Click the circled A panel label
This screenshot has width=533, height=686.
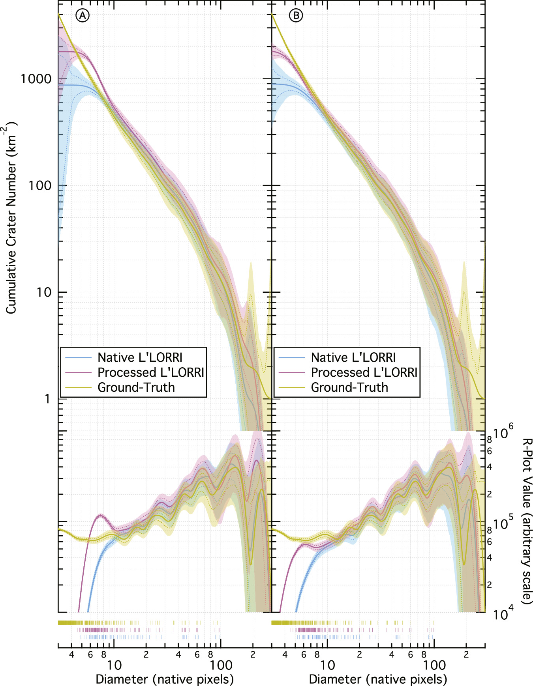83,15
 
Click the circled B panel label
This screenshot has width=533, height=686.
296,15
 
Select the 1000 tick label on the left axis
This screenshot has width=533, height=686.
36,79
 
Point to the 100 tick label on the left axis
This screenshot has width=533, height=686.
40,185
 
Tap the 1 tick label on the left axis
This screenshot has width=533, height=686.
47,399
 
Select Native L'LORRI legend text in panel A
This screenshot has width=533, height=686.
140,357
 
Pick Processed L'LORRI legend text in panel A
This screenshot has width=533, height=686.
151,372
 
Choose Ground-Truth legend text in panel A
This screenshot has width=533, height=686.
136,387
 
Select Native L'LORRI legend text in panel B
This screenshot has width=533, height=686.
353,357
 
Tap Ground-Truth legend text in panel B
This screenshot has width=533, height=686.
349,387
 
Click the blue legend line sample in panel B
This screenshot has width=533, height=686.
292,357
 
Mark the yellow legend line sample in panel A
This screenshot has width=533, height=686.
79,387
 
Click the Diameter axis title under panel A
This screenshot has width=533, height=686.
165,679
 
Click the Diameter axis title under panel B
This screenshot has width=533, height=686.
378,679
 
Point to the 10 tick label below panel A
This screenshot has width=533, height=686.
114,665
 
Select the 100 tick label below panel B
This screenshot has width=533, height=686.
434,665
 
